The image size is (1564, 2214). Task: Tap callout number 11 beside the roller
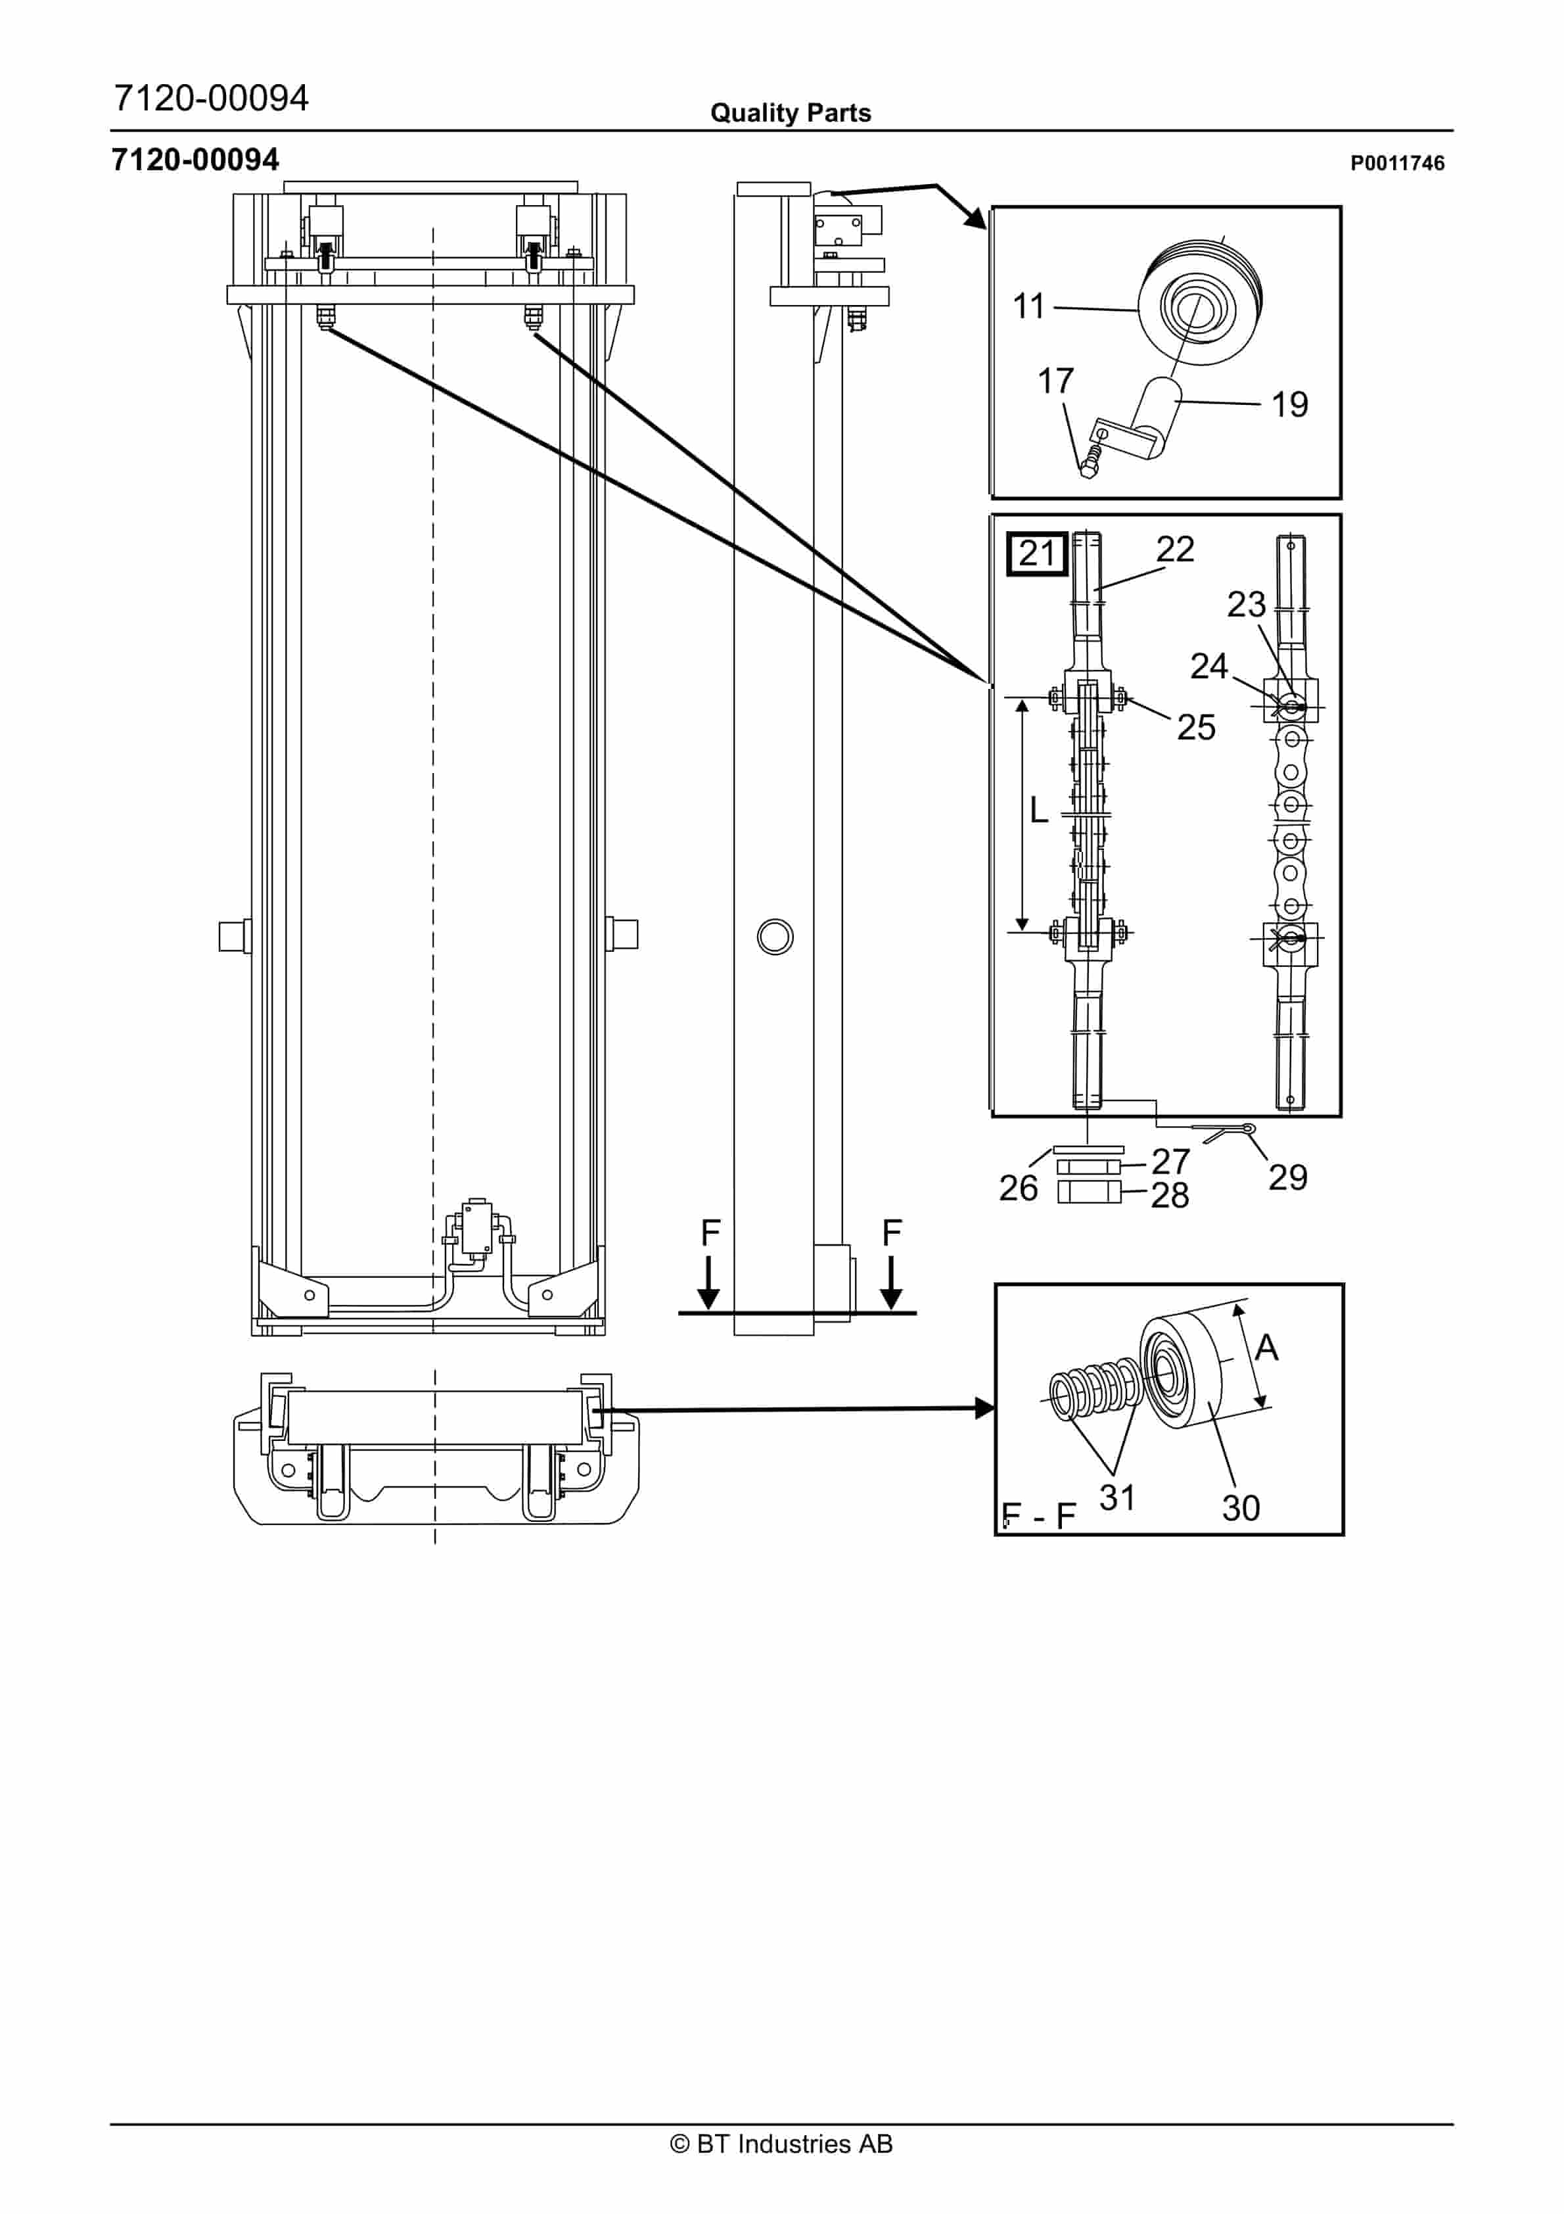[x=1029, y=306]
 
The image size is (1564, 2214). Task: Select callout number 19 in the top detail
[x=1289, y=405]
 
